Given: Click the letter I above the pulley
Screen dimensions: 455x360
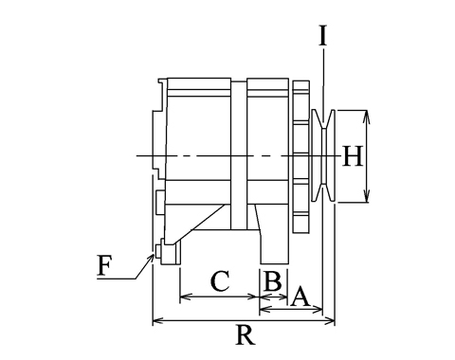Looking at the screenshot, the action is coord(322,36).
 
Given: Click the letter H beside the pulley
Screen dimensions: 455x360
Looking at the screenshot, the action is coord(353,156).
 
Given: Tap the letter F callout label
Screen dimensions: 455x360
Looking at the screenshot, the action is coord(104,265).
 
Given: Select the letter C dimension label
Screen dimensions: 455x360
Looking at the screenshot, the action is coord(220,280).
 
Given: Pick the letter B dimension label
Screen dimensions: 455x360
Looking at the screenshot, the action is coord(273,280).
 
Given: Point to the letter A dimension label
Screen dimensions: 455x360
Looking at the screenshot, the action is coord(300,297).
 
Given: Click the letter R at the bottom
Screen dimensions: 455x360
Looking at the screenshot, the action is coord(246,334).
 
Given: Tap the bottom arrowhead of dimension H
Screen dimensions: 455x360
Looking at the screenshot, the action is coord(366,196).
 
